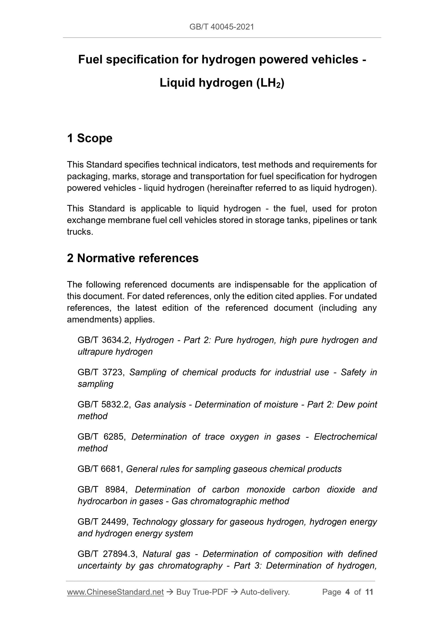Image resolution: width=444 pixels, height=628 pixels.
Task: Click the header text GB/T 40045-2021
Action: pos(222,27)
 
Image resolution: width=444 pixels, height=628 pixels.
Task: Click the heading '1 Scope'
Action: pos(90,138)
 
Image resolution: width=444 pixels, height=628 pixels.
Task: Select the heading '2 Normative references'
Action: pos(133,258)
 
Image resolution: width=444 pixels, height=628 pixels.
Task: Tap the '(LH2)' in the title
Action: pos(270,83)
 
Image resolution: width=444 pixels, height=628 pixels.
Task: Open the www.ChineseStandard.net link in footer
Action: pos(115,592)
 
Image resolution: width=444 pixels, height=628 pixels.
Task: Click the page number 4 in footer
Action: pos(347,592)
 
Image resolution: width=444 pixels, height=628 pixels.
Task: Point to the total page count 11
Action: pos(369,592)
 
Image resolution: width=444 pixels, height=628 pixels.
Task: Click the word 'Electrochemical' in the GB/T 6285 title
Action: pos(345,437)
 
